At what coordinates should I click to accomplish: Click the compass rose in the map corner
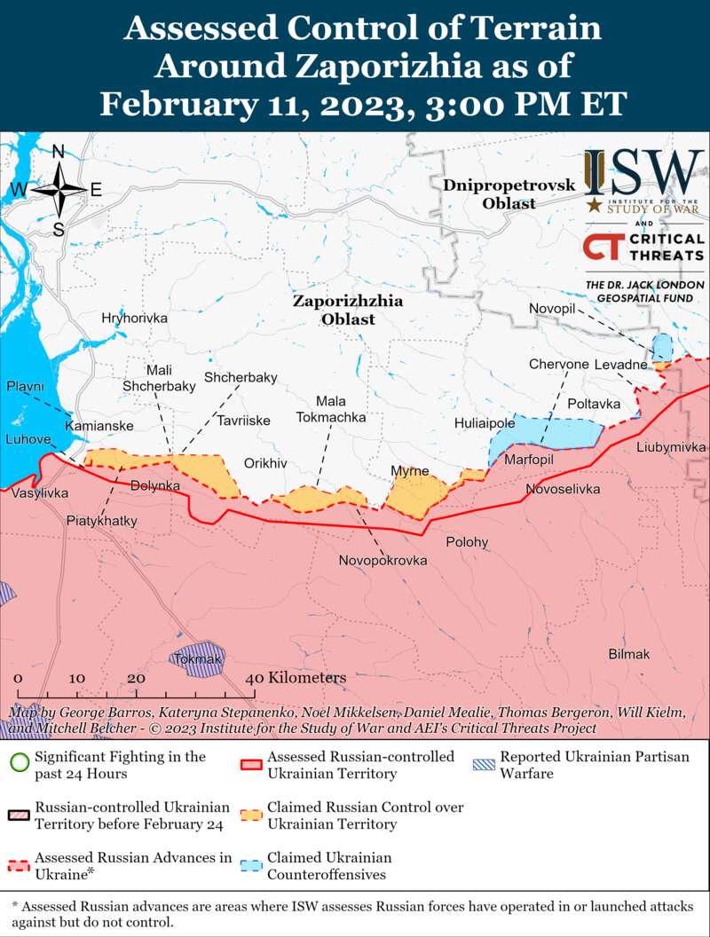[59, 190]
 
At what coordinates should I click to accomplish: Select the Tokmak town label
[198, 659]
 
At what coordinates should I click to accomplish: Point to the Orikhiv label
[265, 463]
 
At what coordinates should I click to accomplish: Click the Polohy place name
[467, 542]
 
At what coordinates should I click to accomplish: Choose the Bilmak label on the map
[628, 654]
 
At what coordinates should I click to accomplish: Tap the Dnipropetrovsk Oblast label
[509, 194]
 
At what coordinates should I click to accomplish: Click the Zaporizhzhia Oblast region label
[348, 310]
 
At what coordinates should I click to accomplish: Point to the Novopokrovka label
[383, 561]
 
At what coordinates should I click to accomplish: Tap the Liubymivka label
[670, 447]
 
